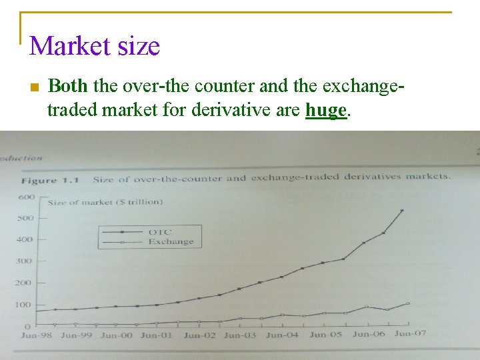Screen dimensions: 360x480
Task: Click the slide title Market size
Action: coord(95,46)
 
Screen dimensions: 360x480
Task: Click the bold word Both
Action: coord(67,86)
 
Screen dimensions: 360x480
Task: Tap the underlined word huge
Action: coord(326,109)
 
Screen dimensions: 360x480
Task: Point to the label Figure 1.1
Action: coord(50,181)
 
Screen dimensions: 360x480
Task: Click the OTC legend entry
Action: coord(159,232)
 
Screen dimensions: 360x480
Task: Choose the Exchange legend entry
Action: coord(171,241)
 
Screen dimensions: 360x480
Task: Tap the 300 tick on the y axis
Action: coord(24,261)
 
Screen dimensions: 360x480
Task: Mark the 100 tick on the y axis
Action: coord(23,305)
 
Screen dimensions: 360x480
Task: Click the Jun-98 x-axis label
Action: coord(38,336)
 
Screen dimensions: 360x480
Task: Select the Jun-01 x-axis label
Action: coord(157,335)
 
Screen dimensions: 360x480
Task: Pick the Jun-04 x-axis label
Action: coord(282,335)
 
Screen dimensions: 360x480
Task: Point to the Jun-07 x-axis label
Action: coord(411,333)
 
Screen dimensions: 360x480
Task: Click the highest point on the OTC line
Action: coord(401,211)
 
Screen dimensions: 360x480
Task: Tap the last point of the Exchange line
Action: coord(408,303)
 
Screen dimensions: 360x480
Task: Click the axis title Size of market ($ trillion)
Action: coord(105,201)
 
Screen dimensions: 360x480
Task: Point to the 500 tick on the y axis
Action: coord(25,218)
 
